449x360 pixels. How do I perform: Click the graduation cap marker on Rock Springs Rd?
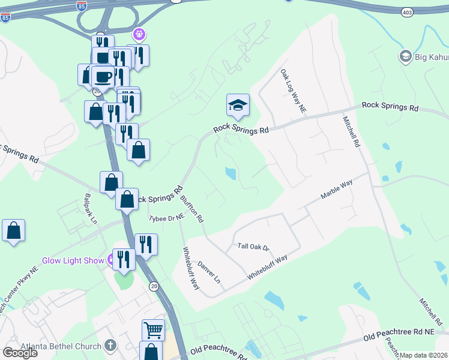click(x=238, y=106)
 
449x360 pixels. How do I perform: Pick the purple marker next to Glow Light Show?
click(x=111, y=260)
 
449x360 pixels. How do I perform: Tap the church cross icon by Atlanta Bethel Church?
click(x=109, y=345)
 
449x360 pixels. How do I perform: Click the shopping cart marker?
click(x=153, y=330)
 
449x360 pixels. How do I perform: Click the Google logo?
click(x=19, y=352)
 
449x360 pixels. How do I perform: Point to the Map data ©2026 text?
click(x=424, y=355)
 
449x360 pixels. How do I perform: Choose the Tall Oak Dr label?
click(x=254, y=247)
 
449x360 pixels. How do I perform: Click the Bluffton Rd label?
click(x=192, y=211)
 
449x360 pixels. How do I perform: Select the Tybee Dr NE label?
click(x=166, y=218)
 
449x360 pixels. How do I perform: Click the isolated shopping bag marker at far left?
click(x=13, y=231)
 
